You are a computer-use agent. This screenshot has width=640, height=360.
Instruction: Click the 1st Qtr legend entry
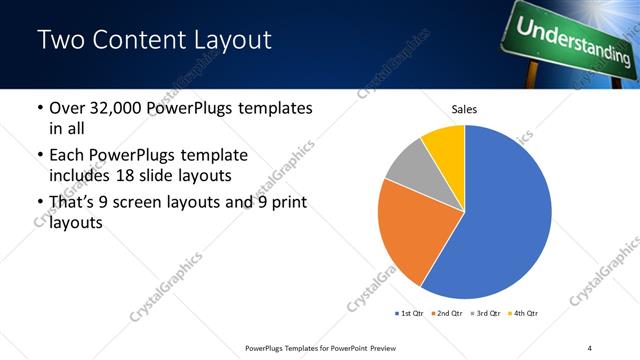[411, 314]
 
